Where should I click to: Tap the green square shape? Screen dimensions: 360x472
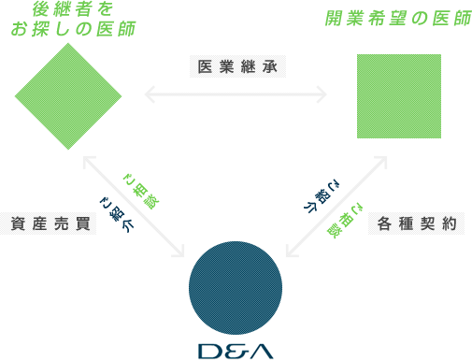click(x=398, y=96)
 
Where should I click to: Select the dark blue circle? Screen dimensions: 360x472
click(x=236, y=287)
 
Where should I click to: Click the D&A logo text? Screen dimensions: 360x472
click(x=236, y=352)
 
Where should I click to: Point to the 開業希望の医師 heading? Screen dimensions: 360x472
click(x=385, y=19)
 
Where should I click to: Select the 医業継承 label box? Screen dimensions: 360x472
click(x=240, y=68)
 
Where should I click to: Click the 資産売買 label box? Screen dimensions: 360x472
click(x=42, y=224)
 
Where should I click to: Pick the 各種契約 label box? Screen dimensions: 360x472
click(x=428, y=224)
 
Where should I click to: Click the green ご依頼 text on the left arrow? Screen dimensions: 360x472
click(x=139, y=191)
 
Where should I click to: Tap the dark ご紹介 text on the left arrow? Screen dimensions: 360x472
click(x=116, y=212)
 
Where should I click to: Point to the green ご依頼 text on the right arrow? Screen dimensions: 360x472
click(x=345, y=220)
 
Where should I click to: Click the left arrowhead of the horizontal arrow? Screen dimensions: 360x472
click(x=149, y=94)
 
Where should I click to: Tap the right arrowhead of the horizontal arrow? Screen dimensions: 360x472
click(x=322, y=94)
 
